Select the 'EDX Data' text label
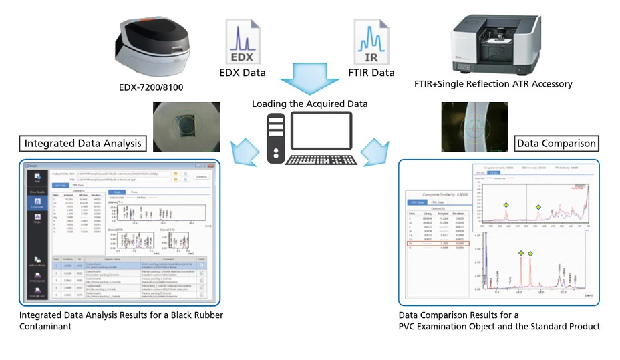pos(242,73)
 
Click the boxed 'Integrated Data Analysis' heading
pos(84,143)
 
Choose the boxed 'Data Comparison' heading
pos(557,143)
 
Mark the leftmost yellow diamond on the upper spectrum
pos(506,205)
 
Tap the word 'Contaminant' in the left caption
pos(45,326)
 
